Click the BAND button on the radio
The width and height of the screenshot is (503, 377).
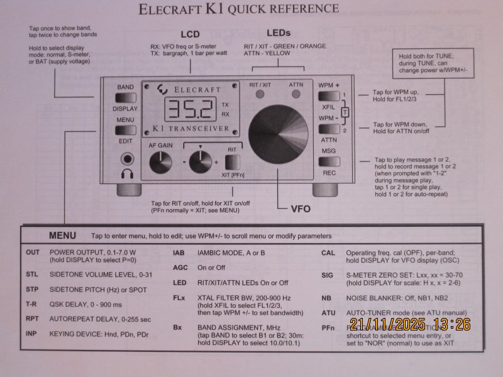[126, 97]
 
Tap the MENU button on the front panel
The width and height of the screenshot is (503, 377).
[126, 130]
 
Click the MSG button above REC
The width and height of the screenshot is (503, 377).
[329, 161]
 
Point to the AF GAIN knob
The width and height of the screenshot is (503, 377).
[160, 163]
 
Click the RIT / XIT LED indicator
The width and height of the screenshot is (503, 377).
[259, 95]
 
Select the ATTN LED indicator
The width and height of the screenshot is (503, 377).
[296, 95]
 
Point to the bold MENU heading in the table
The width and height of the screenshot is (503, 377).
[62, 236]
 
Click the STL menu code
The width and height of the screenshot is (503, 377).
[33, 275]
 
